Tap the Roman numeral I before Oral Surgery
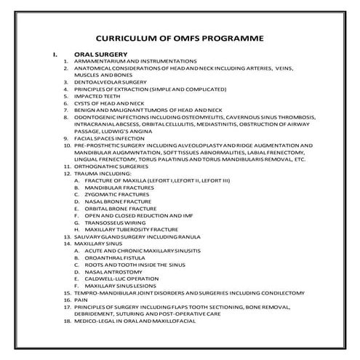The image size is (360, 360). coord(52,54)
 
